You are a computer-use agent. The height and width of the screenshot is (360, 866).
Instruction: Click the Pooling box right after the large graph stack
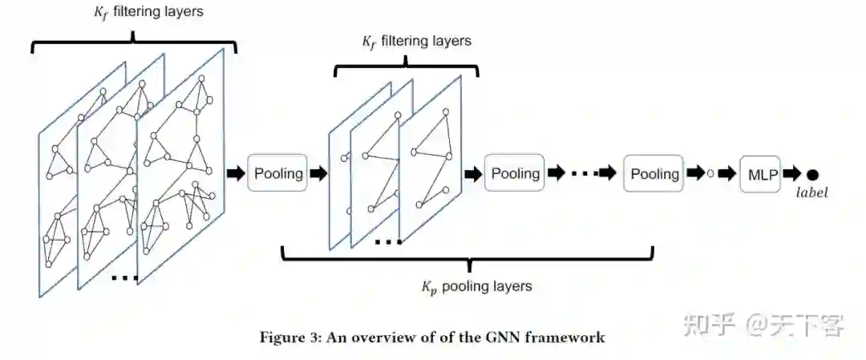click(x=278, y=173)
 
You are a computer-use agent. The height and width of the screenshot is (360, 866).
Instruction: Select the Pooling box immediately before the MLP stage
click(x=654, y=173)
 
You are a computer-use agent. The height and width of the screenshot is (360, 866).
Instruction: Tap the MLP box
click(x=760, y=174)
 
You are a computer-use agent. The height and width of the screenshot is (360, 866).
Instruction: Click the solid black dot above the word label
click(x=812, y=174)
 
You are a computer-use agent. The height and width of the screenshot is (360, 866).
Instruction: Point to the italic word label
click(x=811, y=192)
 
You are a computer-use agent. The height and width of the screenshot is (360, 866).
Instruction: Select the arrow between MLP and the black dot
click(x=791, y=174)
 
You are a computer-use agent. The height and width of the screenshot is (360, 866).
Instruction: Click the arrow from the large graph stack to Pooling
click(x=237, y=173)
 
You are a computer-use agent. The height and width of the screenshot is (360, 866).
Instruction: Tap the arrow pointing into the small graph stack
click(x=318, y=173)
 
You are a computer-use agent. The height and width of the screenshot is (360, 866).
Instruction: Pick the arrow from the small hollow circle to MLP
click(x=728, y=174)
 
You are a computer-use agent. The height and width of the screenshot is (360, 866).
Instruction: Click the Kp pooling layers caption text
click(x=476, y=286)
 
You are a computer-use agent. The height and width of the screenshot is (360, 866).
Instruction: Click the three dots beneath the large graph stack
click(x=124, y=277)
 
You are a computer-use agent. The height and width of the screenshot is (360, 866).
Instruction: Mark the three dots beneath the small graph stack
click(x=388, y=242)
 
